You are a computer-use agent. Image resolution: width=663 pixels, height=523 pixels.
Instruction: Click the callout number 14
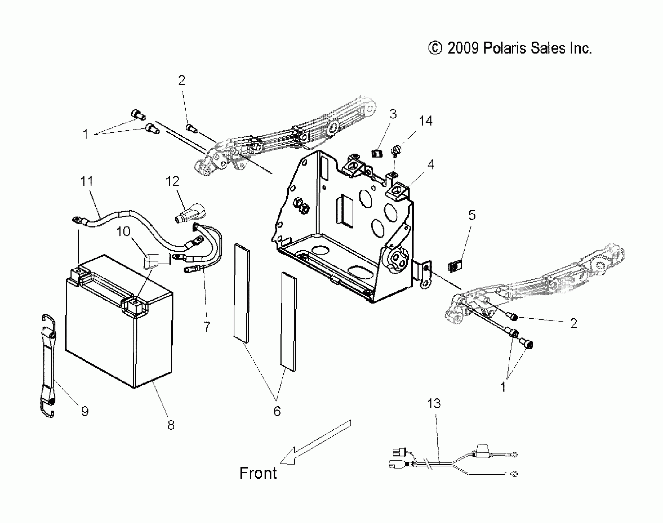coord(425,121)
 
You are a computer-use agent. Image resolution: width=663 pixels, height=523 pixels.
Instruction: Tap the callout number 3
coord(393,114)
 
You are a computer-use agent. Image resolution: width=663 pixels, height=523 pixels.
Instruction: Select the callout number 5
coord(472,215)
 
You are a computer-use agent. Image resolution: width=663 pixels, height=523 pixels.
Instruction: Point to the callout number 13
coord(434,403)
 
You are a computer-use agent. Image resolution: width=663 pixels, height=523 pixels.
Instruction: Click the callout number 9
coord(85,411)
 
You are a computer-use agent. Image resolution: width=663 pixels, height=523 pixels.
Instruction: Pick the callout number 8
coord(171,425)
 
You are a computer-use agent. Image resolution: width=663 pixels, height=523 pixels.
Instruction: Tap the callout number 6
coord(277,411)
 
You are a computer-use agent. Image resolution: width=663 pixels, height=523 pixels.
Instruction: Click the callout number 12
coord(172,181)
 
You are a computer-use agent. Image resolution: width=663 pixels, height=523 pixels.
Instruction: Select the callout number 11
coord(87,181)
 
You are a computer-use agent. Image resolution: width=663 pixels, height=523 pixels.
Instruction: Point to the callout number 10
coord(123,231)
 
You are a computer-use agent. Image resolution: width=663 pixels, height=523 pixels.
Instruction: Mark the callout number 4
coord(431,165)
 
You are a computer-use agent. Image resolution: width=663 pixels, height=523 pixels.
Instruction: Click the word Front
coord(258,473)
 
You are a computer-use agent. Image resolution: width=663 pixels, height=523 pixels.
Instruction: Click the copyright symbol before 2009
coord(435,49)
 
